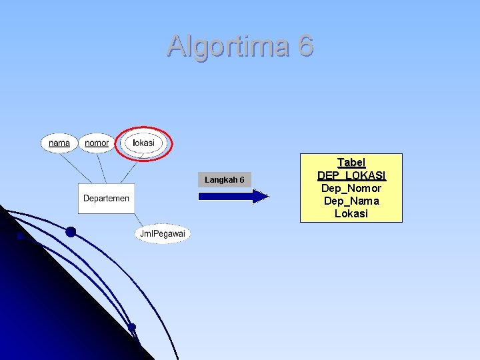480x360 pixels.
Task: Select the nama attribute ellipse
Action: pyautogui.click(x=59, y=143)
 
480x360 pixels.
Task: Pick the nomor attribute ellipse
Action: pyautogui.click(x=97, y=143)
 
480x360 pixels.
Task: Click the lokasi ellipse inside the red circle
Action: pyautogui.click(x=143, y=143)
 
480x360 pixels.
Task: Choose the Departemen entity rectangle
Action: pyautogui.click(x=106, y=199)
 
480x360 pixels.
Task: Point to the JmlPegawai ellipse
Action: pyautogui.click(x=163, y=233)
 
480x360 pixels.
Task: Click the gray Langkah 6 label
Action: pyautogui.click(x=224, y=180)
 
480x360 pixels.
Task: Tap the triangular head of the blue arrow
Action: pyautogui.click(x=261, y=196)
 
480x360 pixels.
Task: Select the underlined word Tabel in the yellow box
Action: pyautogui.click(x=351, y=163)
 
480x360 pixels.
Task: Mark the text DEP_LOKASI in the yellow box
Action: pyautogui.click(x=351, y=175)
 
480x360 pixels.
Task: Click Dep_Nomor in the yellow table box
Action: pyautogui.click(x=351, y=188)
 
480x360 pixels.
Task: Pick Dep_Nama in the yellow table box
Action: pyautogui.click(x=351, y=201)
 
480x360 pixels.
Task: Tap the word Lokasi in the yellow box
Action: pyautogui.click(x=351, y=213)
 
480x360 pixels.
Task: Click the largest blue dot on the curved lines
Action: pyautogui.click(x=71, y=232)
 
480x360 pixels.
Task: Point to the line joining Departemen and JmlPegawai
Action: pyautogui.click(x=138, y=220)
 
